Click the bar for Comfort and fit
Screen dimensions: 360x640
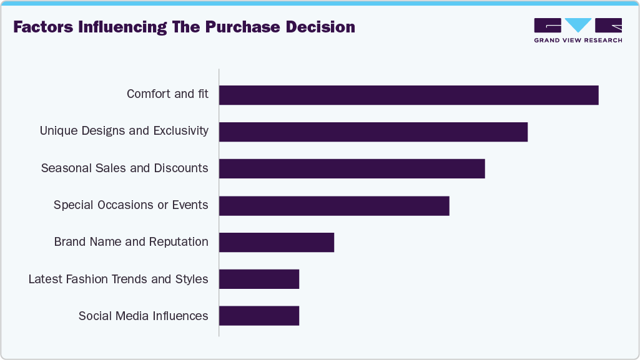click(x=408, y=95)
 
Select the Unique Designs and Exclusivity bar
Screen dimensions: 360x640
click(x=373, y=132)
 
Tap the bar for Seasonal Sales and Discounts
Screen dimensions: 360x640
click(x=352, y=168)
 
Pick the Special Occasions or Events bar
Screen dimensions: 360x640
click(x=334, y=205)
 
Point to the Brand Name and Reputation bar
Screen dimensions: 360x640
click(x=277, y=242)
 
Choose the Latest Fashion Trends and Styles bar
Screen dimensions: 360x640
click(x=259, y=279)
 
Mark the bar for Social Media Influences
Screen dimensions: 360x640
click(x=259, y=316)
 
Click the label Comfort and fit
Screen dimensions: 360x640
click(x=167, y=94)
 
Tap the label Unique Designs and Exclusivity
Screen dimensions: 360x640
click(x=124, y=131)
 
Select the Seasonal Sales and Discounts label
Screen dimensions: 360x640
click(x=124, y=168)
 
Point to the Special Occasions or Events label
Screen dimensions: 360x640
click(x=130, y=205)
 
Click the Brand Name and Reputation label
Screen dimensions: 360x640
click(x=131, y=242)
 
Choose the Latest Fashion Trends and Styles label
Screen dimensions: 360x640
click(x=118, y=279)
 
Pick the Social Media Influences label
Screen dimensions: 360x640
click(x=143, y=316)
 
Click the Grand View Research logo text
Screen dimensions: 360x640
click(x=578, y=41)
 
